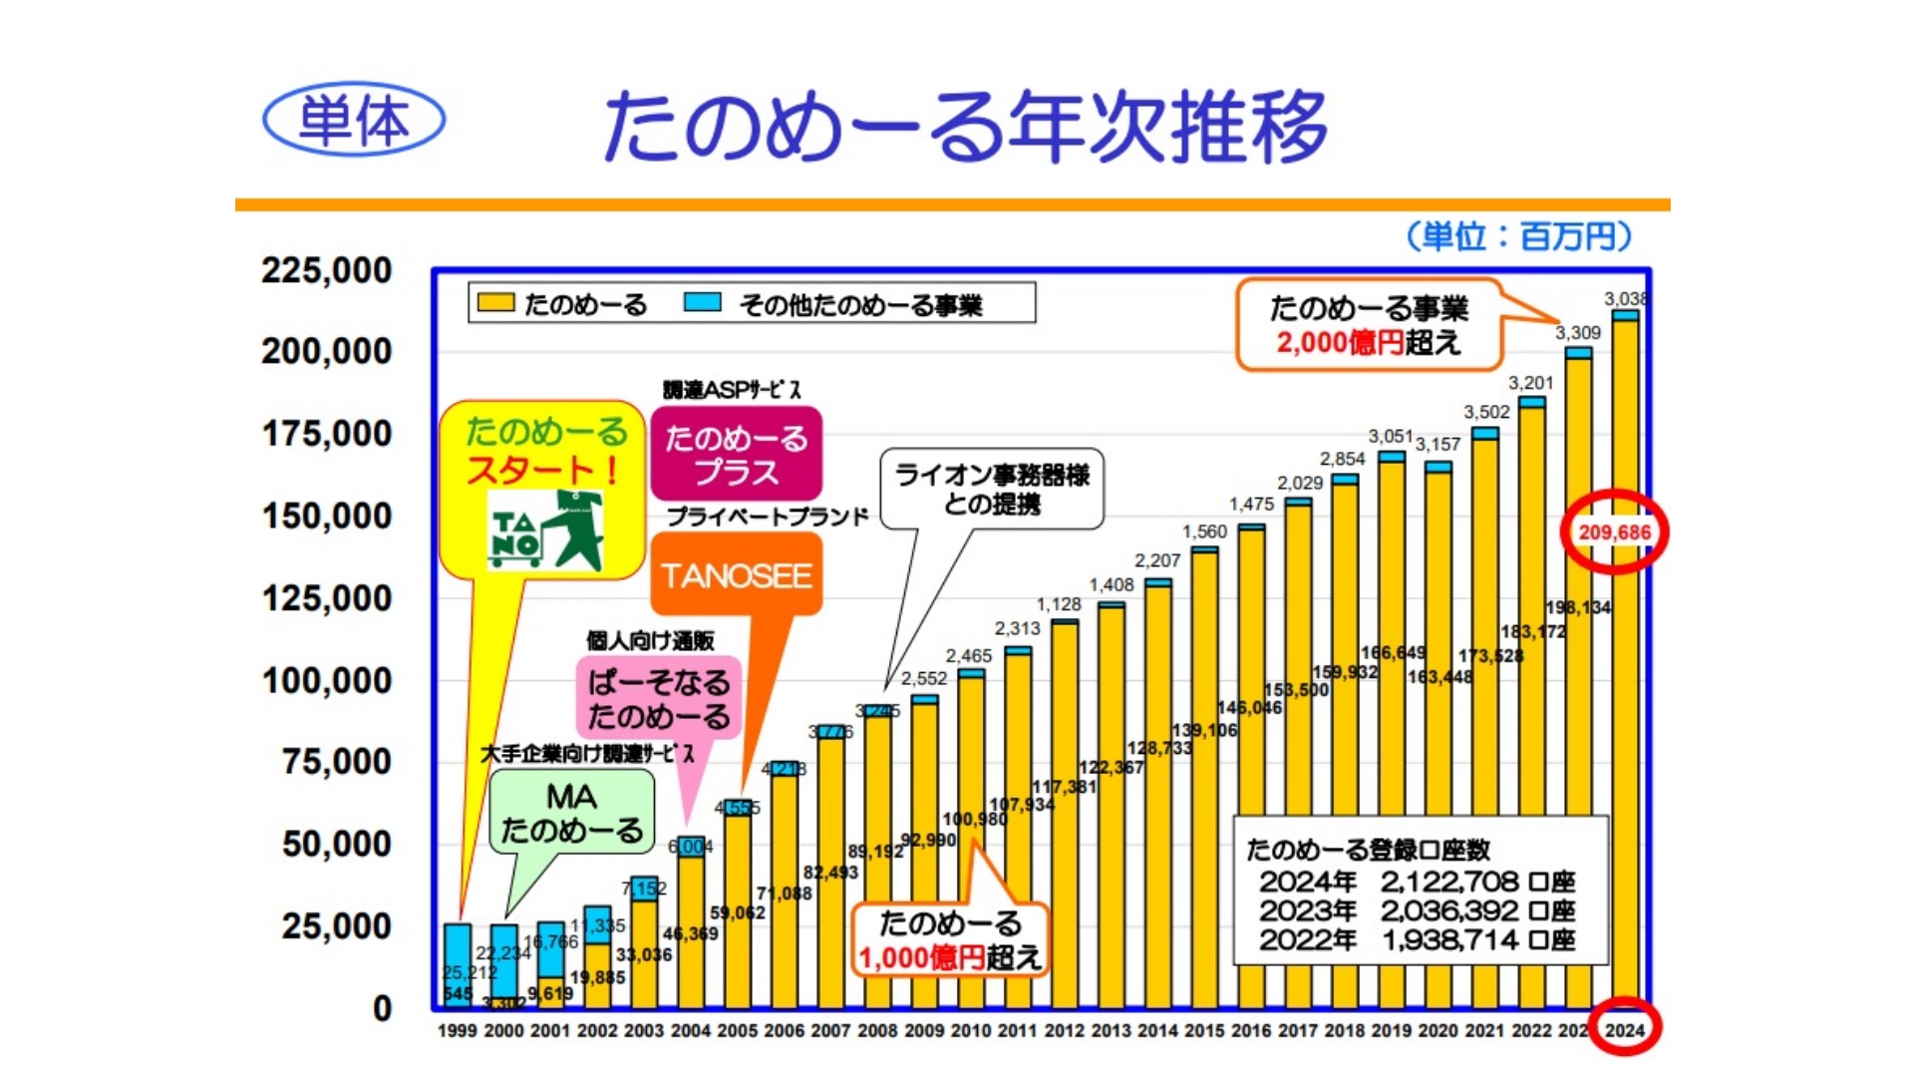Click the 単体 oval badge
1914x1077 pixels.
point(354,120)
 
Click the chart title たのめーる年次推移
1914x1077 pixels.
point(965,127)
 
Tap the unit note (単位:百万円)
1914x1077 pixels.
point(1518,236)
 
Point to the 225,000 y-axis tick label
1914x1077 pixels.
point(327,270)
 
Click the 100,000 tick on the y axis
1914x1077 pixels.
point(327,681)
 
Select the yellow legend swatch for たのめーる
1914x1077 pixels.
point(495,302)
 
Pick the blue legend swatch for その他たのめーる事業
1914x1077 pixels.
point(703,302)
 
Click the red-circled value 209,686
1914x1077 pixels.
point(1614,533)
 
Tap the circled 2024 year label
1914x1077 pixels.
point(1625,1029)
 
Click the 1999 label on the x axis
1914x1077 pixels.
point(458,1030)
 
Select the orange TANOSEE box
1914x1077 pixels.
point(737,574)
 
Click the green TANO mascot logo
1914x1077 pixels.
point(547,531)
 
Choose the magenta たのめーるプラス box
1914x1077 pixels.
point(737,454)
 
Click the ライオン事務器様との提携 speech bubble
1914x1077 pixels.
point(992,489)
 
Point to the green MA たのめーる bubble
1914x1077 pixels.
point(571,813)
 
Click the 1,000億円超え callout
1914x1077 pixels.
point(949,939)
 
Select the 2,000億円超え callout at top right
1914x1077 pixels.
point(1368,325)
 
